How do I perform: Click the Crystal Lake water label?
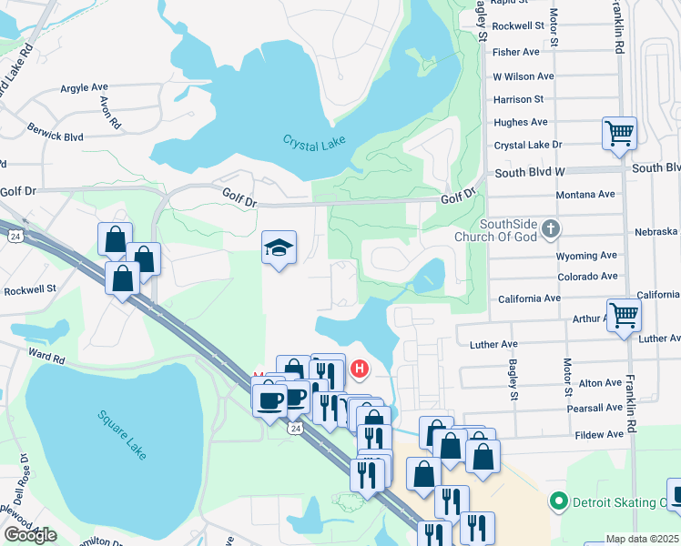click(x=314, y=146)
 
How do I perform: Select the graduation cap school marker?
click(x=280, y=247)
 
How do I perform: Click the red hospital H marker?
click(x=360, y=369)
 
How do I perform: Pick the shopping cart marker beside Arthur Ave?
click(x=624, y=316)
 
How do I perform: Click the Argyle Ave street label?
click(x=85, y=87)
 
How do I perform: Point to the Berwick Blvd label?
click(x=55, y=132)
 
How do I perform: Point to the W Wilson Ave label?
click(x=523, y=76)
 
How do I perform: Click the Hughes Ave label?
click(x=520, y=122)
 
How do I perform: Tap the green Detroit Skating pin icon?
click(x=558, y=501)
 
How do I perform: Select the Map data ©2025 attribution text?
click(x=642, y=539)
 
